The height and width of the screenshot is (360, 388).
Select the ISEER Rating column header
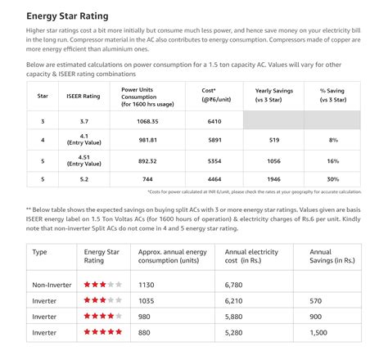click(83, 96)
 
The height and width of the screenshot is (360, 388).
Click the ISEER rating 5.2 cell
click(83, 178)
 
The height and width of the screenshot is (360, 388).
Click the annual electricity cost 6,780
click(238, 285)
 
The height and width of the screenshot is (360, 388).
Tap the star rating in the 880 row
click(103, 332)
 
